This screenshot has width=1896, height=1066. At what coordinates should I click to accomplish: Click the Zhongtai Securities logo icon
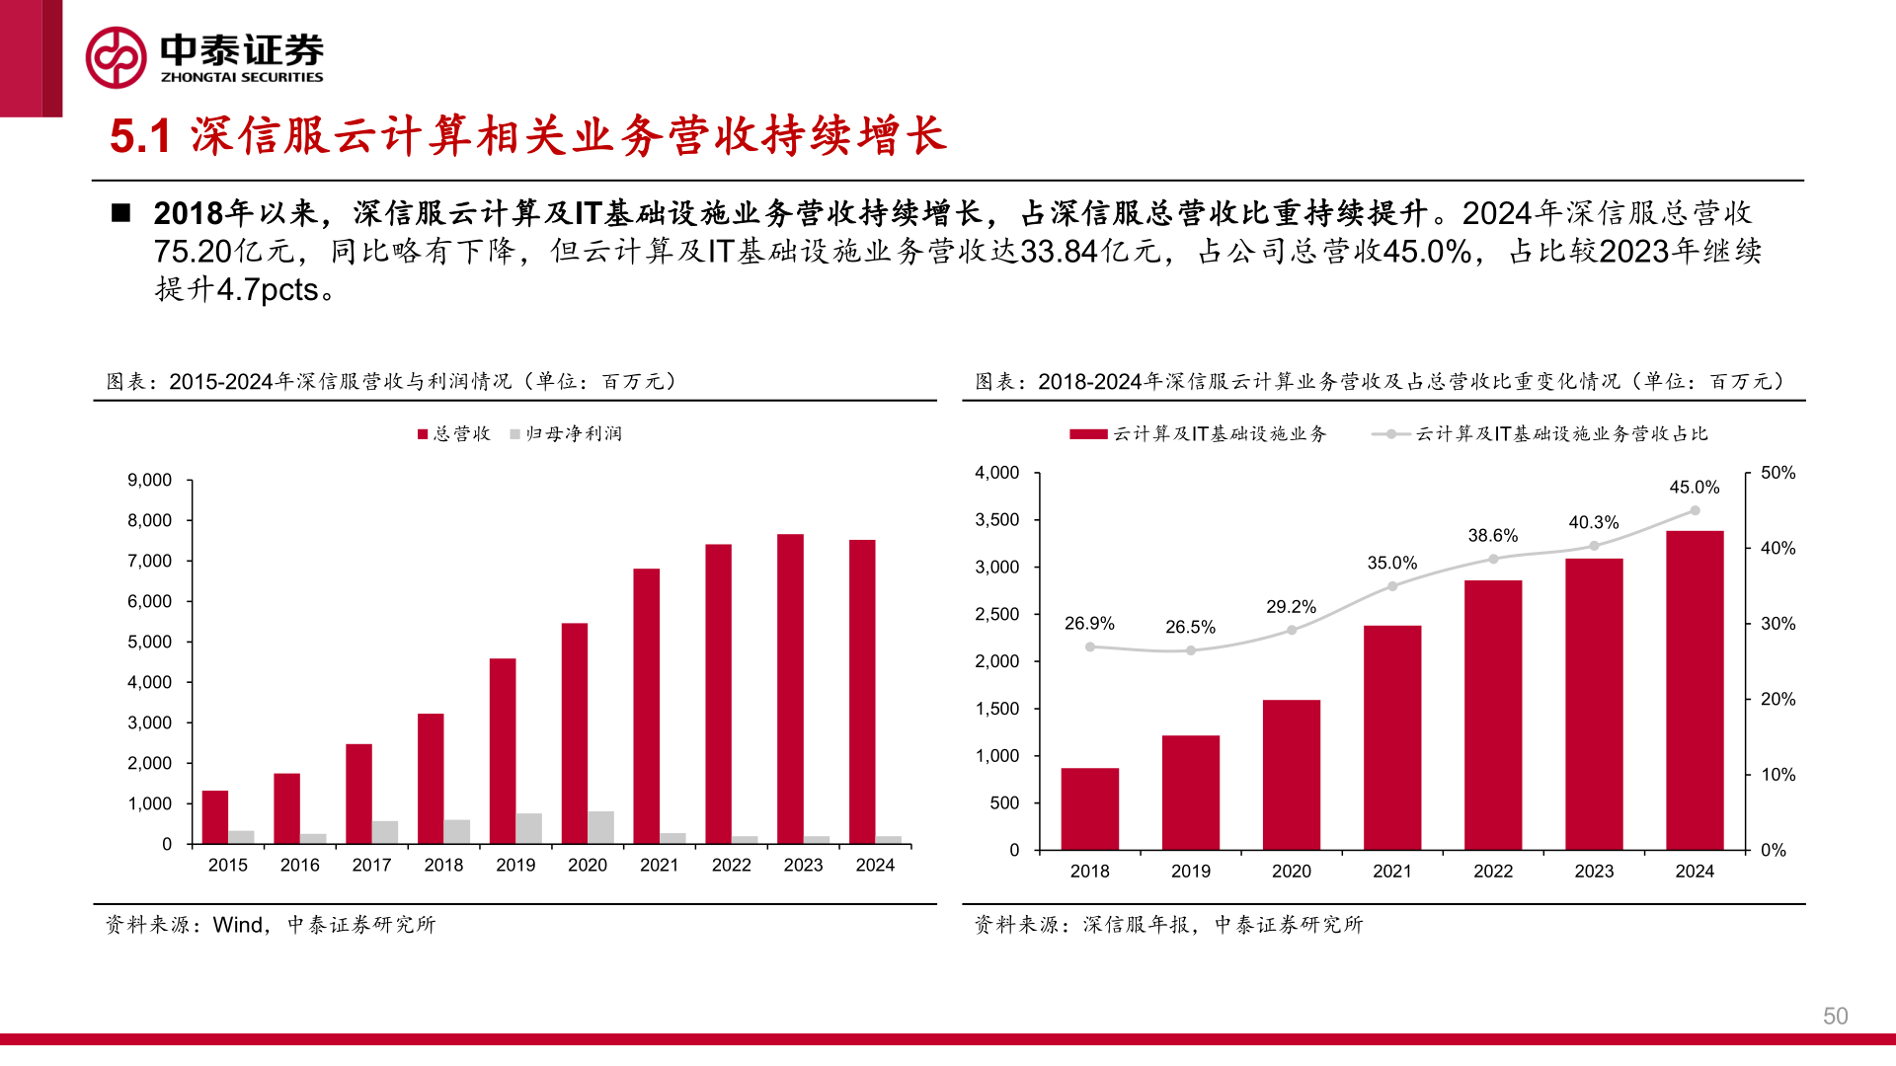pos(117,57)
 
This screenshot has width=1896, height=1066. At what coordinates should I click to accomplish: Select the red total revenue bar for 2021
pos(646,706)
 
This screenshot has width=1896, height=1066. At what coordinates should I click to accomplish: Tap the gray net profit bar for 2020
pos(600,827)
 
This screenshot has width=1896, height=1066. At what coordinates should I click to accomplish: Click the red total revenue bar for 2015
pos(214,817)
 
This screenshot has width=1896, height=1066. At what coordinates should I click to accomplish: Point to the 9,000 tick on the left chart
pos(149,481)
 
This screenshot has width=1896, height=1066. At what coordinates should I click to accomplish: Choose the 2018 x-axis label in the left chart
pos(443,866)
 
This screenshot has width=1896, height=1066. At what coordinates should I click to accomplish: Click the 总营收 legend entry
pos(454,434)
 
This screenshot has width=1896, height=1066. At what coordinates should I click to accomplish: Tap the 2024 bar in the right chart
pos(1695,691)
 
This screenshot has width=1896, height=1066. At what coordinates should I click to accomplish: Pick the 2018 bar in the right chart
pos(1089,809)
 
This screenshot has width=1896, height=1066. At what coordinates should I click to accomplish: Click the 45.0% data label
pos(1695,488)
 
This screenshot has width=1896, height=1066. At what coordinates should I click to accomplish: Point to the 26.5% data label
pos(1190,628)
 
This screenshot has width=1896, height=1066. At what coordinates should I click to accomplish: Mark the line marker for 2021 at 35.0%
pos(1392,586)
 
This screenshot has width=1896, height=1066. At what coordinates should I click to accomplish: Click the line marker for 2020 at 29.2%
pos(1292,630)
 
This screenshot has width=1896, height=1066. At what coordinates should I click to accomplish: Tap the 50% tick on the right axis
pos(1777,474)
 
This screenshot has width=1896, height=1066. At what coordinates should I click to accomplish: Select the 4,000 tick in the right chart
pos(996,474)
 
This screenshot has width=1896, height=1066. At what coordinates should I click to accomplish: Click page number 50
pos(1835,1017)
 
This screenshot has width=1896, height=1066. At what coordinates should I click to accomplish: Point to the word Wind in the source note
pos(238,925)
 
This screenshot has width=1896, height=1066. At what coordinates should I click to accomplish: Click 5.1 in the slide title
pos(140,136)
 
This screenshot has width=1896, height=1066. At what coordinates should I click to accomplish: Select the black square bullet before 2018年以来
pos(121,213)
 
